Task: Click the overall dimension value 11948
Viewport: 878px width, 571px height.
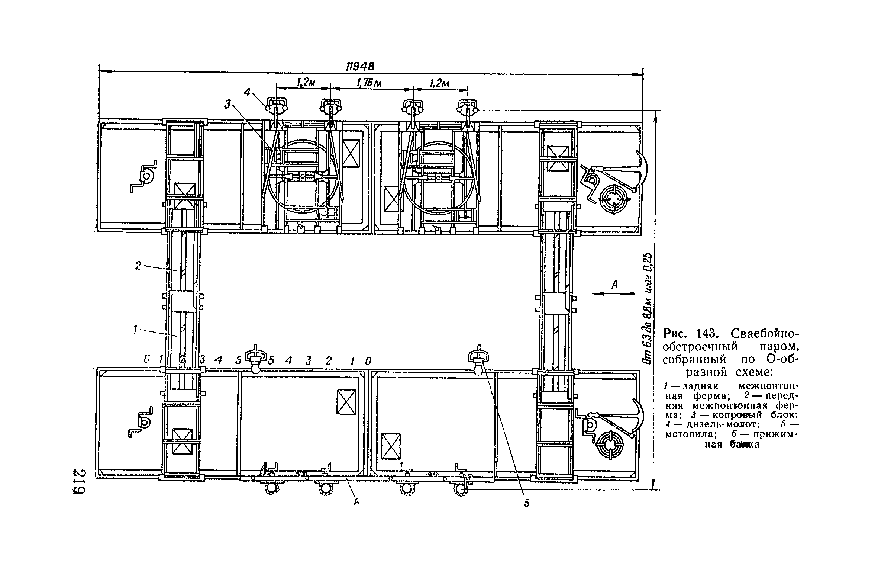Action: pos(360,66)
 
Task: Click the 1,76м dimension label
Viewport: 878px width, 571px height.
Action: pos(369,83)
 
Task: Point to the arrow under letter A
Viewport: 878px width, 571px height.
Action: pos(613,294)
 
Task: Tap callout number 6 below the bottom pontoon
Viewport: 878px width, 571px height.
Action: pos(356,503)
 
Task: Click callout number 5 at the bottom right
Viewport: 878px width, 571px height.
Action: pos(526,503)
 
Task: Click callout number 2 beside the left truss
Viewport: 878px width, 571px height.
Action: pos(138,266)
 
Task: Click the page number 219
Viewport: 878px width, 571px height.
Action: pos(79,482)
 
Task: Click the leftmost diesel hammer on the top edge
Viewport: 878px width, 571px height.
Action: pos(277,106)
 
